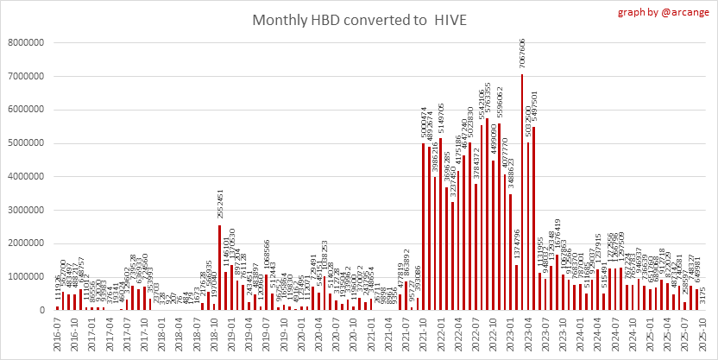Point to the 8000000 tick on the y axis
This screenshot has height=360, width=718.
click(x=27, y=41)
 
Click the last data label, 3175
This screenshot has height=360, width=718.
click(x=702, y=295)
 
